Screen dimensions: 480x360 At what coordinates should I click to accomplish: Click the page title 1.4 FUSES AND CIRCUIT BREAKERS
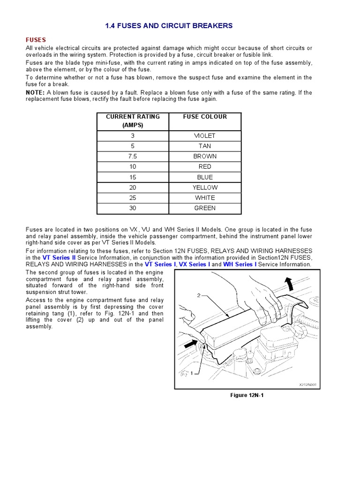click(169, 26)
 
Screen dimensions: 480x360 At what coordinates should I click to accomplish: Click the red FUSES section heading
click(36, 40)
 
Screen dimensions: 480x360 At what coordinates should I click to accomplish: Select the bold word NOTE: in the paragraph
click(35, 92)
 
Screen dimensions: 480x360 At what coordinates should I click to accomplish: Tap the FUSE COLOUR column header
click(205, 117)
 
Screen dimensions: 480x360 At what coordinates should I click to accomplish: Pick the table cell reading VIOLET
click(205, 135)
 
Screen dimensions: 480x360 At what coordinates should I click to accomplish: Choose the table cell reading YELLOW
click(205, 187)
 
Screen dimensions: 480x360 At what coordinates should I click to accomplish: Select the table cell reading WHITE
click(205, 198)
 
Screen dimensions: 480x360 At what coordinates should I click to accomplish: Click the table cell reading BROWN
click(205, 156)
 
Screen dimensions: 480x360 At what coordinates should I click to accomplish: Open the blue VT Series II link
click(59, 258)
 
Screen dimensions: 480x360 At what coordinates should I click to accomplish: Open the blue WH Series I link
click(240, 264)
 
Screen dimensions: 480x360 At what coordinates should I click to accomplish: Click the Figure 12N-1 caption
click(247, 395)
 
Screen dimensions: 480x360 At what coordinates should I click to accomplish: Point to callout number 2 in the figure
click(199, 296)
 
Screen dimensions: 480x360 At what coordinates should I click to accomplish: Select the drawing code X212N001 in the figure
click(307, 385)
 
